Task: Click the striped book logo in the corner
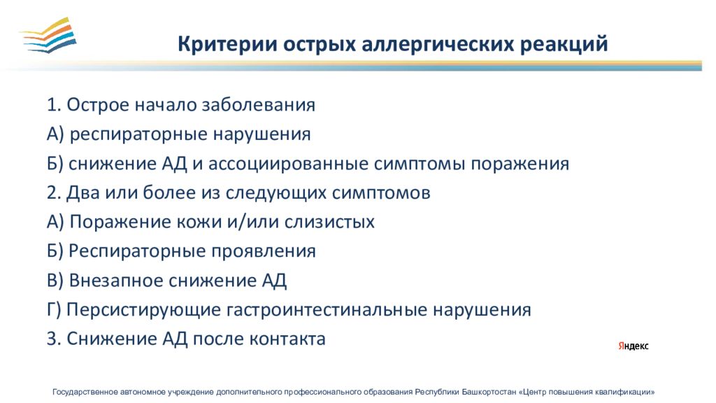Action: click(48, 35)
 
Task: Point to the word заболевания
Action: click(259, 105)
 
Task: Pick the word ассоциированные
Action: click(288, 164)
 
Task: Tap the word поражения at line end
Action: click(520, 164)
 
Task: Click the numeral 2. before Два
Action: click(54, 193)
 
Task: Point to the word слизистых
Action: click(329, 222)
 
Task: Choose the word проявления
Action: click(257, 252)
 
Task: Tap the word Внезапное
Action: click(117, 281)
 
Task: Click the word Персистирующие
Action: click(144, 310)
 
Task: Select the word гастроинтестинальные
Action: click(327, 310)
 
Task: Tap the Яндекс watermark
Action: click(633, 346)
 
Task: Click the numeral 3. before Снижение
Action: click(54, 339)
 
